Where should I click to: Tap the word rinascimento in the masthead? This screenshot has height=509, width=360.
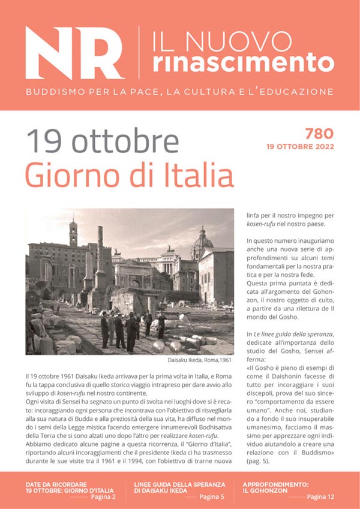coord(243,62)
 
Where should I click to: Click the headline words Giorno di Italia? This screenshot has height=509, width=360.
coord(129,176)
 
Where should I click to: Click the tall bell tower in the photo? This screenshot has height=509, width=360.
coord(73,233)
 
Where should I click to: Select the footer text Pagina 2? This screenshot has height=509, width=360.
coord(104,497)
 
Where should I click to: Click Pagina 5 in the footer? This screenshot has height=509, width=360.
coord(212,497)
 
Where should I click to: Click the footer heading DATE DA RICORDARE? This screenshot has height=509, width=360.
coord(56,483)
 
